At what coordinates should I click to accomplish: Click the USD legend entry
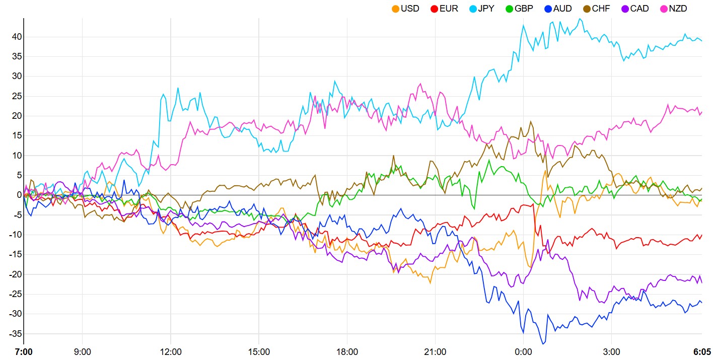coord(405,9)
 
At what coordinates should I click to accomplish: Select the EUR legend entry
coord(445,9)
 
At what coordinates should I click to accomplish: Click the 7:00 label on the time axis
coord(24,351)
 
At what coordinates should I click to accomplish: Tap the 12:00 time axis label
coord(171,351)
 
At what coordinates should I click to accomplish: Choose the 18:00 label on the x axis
coord(347,351)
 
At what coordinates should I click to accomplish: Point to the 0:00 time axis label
coord(523,351)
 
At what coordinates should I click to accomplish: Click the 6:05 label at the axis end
coord(701,351)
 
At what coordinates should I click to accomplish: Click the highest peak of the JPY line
coord(581,19)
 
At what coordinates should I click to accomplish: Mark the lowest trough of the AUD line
coord(543,344)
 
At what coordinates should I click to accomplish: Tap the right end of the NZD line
coord(702,112)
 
